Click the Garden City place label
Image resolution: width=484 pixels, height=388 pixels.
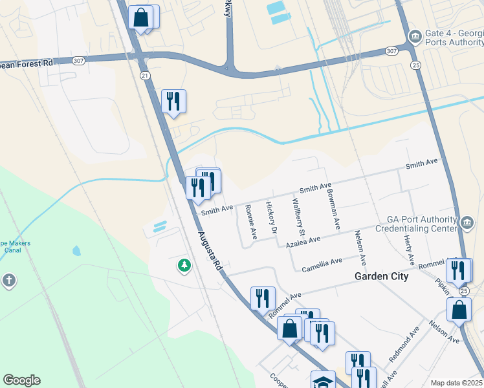(381, 276)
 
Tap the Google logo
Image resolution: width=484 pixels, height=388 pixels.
(21, 380)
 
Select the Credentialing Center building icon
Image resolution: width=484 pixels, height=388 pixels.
(467, 224)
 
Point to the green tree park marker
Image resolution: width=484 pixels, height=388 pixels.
(184, 265)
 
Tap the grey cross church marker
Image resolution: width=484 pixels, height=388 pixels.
(9, 281)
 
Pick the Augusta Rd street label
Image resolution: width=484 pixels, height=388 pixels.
(210, 252)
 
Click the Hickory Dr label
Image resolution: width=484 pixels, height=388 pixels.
(271, 217)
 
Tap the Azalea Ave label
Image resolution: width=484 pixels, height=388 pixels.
(304, 241)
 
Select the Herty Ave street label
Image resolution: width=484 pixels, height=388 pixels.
(410, 249)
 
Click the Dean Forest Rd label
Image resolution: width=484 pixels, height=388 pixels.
(27, 63)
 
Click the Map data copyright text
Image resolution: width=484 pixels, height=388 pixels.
(456, 383)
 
